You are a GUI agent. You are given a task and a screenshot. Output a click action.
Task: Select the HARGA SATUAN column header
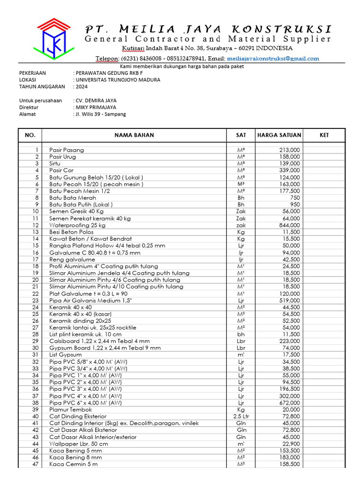[279, 135]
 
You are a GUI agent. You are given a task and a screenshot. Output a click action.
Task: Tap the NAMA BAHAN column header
[134, 135]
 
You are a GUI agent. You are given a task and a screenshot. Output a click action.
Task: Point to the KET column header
[324, 135]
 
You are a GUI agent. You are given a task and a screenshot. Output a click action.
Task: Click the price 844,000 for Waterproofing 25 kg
[289, 225]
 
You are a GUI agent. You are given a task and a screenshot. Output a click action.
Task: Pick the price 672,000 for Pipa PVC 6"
[289, 403]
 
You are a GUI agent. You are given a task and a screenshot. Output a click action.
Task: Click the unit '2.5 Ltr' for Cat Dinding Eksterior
[241, 416]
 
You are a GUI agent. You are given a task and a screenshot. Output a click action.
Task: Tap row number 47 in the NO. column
[35, 464]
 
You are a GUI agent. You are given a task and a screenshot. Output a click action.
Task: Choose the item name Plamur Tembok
[71, 409]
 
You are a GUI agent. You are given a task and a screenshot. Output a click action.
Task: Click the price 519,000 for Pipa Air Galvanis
[289, 300]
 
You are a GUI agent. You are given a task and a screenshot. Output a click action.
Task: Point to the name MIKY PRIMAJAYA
[95, 108]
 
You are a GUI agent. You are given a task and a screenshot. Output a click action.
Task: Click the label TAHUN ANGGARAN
[42, 87]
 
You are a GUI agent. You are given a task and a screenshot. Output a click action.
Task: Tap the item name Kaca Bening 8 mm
[75, 458]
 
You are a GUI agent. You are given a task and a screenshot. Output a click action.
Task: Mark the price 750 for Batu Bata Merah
[294, 198]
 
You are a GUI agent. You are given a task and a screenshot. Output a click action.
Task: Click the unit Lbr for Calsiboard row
[241, 341]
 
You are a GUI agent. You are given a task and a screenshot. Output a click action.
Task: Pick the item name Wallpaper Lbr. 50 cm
[78, 444]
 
